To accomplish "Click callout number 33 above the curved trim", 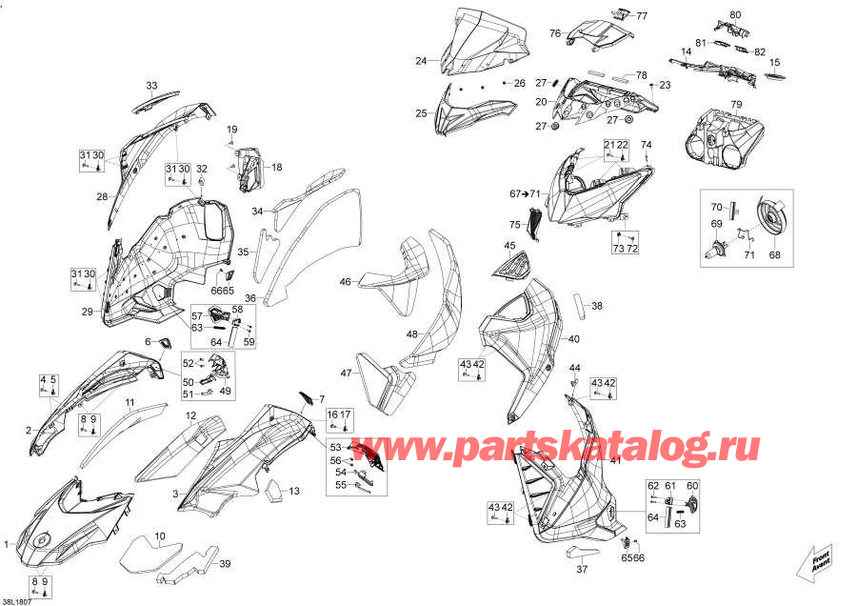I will pos(151,86).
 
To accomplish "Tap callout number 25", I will pos(421,113).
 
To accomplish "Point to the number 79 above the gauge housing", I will pos(735,104).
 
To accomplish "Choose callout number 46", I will pos(346,281).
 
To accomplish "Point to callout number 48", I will pos(411,334).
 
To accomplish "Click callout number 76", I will pos(554,33).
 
